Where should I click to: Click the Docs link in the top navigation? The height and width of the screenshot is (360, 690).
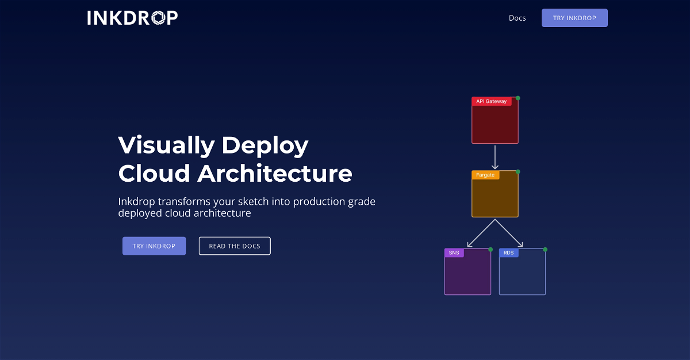click(517, 18)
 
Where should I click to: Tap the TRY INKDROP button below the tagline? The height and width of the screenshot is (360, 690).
click(154, 246)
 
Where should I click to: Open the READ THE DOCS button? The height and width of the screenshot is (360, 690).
click(235, 246)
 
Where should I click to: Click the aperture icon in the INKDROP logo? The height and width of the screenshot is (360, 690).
click(159, 18)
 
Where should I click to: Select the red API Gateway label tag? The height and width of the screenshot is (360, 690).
click(491, 101)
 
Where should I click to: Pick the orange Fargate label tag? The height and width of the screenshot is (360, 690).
click(485, 175)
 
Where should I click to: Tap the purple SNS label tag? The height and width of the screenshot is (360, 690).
click(454, 253)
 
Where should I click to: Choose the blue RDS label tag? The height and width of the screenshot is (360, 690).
click(508, 253)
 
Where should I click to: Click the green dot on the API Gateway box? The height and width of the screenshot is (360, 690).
click(518, 98)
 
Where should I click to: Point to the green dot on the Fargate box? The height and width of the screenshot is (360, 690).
click(518, 172)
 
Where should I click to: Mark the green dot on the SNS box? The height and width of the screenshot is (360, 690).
click(490, 250)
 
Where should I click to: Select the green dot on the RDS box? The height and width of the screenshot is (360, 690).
click(545, 250)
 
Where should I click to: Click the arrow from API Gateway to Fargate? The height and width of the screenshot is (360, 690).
click(495, 157)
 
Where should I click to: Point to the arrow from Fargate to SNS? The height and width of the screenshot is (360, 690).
click(481, 233)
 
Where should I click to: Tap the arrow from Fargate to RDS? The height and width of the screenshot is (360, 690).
click(509, 233)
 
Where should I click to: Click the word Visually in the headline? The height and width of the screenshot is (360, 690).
click(166, 145)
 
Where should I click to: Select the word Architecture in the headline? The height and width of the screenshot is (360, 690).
click(275, 173)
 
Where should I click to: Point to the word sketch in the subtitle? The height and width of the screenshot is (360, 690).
click(253, 201)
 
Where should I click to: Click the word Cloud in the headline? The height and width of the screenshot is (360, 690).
click(154, 173)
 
